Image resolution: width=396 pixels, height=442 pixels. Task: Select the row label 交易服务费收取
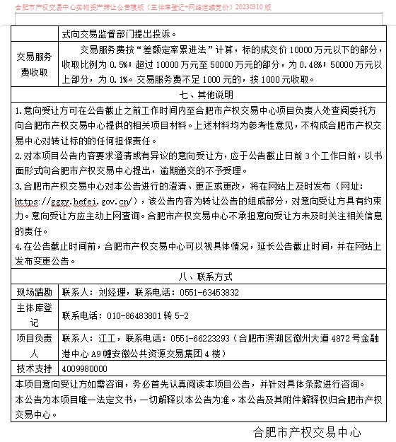[x=33, y=62]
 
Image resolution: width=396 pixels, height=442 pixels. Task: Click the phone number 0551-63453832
[x=210, y=291]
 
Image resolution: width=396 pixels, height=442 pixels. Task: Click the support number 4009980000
[x=86, y=368]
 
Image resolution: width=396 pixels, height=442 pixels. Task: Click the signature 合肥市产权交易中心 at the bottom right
[x=307, y=431]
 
